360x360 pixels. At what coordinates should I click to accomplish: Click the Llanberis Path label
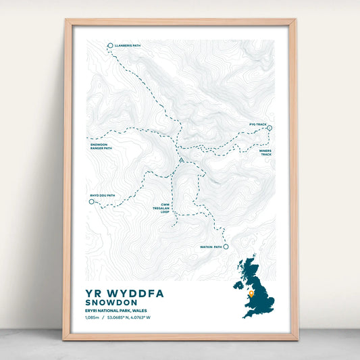tap(128, 46)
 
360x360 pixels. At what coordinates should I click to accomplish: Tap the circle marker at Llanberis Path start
tap(110, 46)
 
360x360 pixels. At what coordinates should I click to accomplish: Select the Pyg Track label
tap(257, 125)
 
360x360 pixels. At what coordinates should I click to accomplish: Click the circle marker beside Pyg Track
tap(269, 126)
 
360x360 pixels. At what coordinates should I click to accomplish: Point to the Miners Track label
tap(266, 153)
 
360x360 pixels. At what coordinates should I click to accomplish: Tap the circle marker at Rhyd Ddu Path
tap(91, 201)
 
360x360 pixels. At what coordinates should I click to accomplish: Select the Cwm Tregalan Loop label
tap(165, 207)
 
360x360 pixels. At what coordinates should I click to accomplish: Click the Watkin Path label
tap(211, 247)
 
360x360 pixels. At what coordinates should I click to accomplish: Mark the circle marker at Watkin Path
tap(226, 247)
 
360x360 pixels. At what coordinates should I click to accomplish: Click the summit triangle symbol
tap(181, 160)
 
